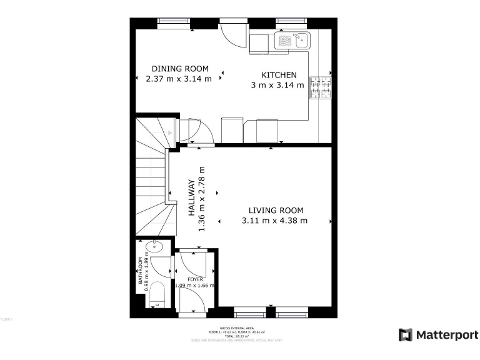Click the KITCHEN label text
click(279, 75)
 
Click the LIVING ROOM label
click(276, 211)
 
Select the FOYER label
click(195, 279)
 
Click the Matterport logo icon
click(406, 334)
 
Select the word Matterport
click(447, 334)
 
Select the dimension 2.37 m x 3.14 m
click(178, 79)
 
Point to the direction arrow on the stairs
click(169, 132)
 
